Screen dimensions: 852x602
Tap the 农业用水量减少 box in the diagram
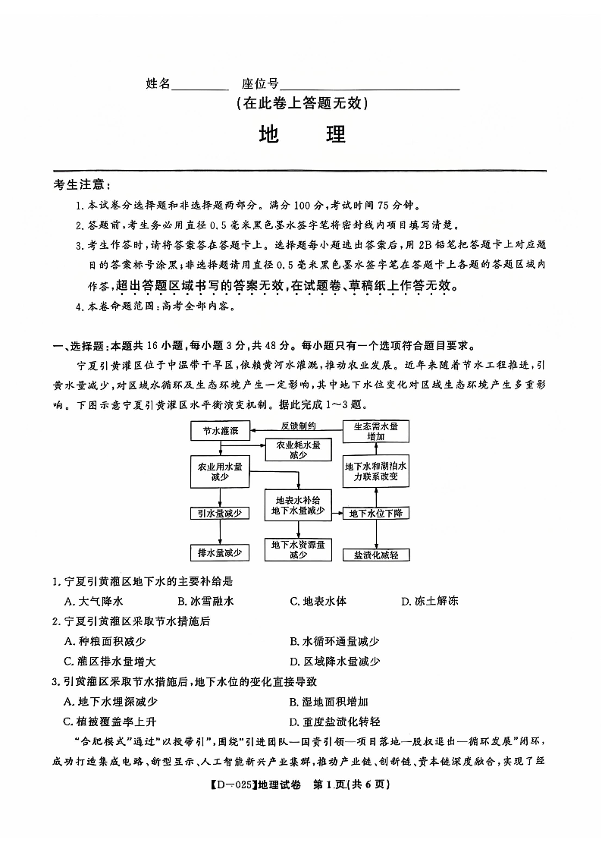219,472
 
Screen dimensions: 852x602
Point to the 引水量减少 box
219,514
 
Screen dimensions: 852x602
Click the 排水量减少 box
219,553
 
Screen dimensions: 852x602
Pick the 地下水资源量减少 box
298,549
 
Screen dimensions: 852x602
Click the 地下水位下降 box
376,514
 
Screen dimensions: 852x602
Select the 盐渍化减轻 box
376,555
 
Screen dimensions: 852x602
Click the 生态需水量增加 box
376,432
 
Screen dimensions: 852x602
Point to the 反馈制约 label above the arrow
298,426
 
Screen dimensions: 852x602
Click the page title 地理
302,134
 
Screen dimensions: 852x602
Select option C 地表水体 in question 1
318,602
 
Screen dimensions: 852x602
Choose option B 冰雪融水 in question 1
205,602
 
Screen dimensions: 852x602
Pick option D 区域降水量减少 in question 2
335,662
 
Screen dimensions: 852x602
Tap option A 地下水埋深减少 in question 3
111,702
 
